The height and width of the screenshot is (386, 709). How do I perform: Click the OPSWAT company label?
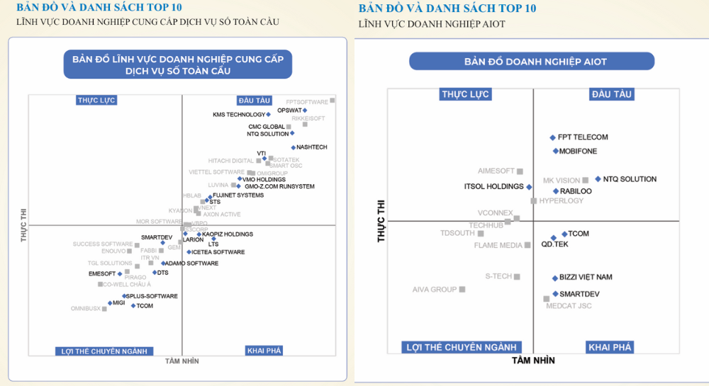289,110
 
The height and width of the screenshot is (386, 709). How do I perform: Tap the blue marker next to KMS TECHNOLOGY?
268,115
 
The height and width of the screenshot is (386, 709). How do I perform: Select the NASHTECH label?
312,147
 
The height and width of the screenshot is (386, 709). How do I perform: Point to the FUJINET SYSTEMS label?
238,195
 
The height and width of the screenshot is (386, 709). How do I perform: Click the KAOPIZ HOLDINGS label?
228,234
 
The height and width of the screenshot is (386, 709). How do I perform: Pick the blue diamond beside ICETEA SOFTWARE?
189,252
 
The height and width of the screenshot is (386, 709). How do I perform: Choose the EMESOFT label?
102,274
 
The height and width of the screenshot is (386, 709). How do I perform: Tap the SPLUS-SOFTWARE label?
152,296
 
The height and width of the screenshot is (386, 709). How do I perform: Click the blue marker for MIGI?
109,303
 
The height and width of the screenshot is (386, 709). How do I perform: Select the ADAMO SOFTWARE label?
191,263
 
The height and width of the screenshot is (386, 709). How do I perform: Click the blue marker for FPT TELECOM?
553,138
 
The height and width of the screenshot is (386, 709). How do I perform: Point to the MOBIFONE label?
578,152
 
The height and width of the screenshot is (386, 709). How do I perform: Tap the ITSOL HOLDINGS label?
493,187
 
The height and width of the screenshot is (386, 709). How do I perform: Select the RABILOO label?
576,191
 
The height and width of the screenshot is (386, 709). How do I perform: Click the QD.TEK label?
554,244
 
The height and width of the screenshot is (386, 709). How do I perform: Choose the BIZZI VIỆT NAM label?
586,278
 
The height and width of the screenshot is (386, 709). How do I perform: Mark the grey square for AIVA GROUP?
462,290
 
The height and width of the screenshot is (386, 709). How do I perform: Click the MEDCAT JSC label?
569,306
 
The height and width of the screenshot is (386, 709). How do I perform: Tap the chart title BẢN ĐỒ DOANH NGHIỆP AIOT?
535,62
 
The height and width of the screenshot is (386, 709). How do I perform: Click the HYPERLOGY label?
562,201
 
